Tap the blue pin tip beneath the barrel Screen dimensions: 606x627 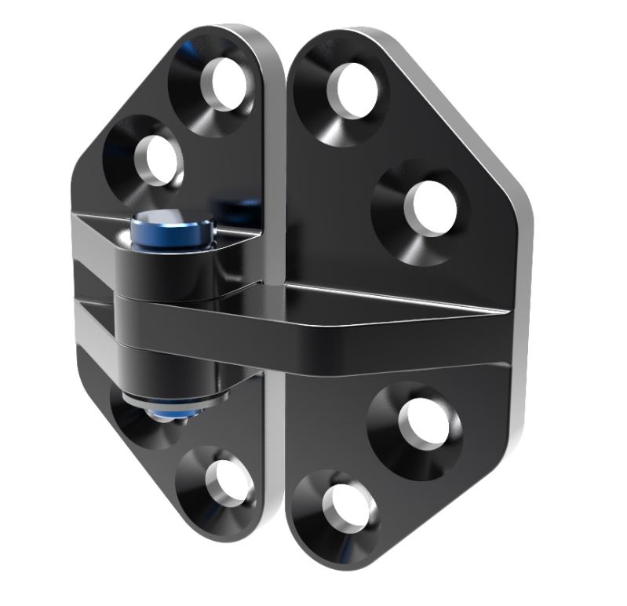click(x=179, y=411)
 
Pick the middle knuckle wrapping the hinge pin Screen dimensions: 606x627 click(x=165, y=318)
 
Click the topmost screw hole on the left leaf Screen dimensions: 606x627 click(x=228, y=82)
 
